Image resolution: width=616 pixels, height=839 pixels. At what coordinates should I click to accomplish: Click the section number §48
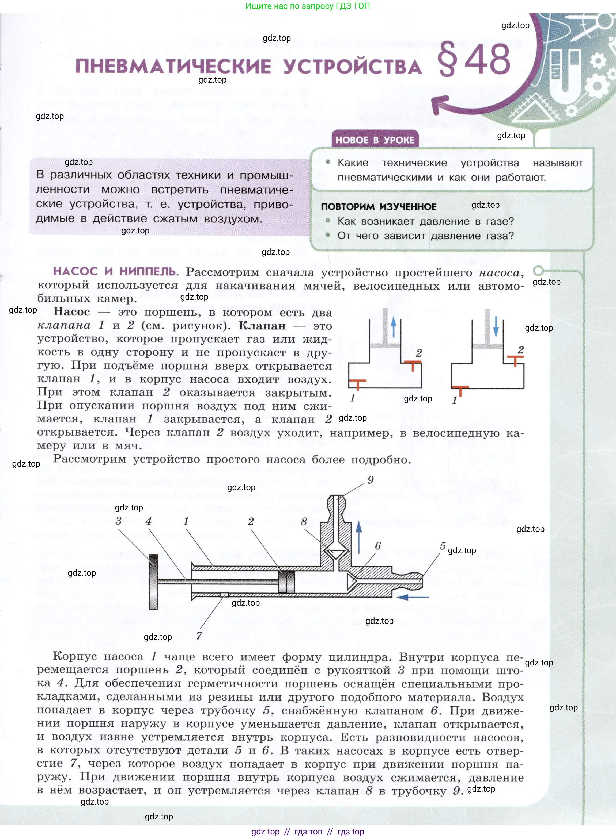point(474,60)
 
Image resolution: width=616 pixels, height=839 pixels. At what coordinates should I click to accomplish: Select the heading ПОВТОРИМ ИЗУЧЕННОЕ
point(379,207)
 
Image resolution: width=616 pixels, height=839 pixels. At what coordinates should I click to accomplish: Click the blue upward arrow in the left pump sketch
point(393,328)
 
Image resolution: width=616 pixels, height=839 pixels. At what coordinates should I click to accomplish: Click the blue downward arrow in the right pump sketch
point(496,326)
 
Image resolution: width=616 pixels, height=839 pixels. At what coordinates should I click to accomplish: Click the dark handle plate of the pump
point(153,581)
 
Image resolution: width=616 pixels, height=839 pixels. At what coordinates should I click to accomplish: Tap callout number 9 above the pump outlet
point(370,480)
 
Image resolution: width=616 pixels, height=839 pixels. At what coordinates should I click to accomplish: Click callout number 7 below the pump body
point(199,635)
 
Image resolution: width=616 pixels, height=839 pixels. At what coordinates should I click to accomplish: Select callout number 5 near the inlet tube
point(443,546)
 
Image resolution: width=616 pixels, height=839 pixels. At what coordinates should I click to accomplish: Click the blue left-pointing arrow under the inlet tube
point(412,597)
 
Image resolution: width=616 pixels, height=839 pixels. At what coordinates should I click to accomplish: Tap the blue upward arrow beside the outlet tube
point(359,536)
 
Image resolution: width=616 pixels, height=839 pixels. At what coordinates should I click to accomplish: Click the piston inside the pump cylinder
point(286,581)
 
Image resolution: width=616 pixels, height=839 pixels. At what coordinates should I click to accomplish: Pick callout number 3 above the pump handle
point(119,521)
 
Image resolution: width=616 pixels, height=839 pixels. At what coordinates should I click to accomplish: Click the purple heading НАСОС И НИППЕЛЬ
point(116,271)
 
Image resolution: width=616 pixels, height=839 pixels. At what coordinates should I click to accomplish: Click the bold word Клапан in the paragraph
point(262,326)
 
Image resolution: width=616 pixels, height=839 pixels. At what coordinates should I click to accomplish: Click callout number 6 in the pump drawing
point(378,545)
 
